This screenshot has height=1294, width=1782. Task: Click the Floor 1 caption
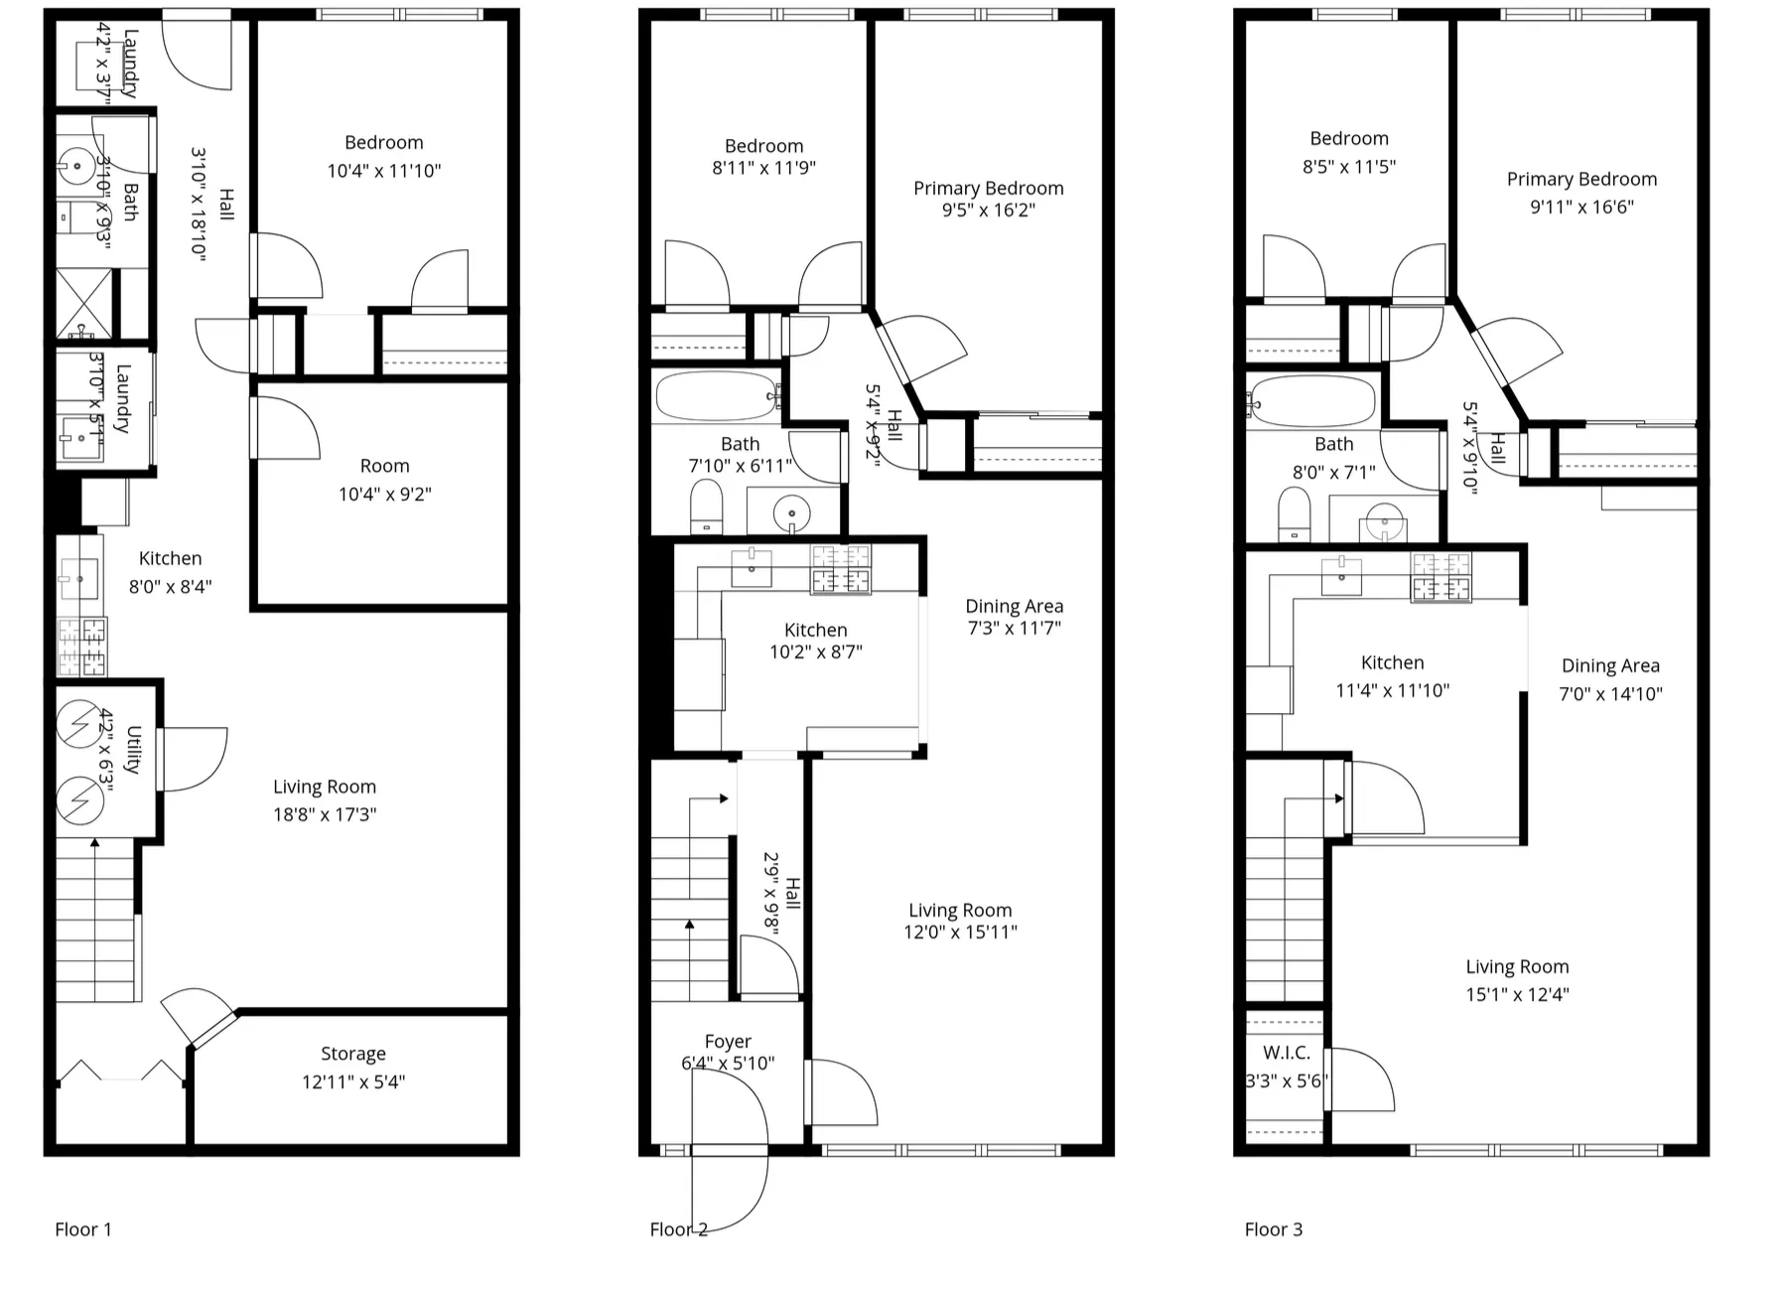(83, 1229)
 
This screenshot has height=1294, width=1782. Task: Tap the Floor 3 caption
(1273, 1229)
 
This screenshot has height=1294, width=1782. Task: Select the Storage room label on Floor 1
(352, 1054)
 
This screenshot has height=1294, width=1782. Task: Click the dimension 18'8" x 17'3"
(325, 814)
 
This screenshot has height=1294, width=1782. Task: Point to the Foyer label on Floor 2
(728, 1041)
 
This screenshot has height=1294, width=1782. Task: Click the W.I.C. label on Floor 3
(1287, 1053)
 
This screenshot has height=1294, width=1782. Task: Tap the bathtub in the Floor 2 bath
(716, 396)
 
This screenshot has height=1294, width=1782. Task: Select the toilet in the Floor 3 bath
(1294, 515)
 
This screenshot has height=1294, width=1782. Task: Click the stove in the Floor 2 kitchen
(841, 570)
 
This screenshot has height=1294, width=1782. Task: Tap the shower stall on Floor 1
(83, 304)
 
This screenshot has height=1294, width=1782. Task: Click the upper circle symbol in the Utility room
(78, 724)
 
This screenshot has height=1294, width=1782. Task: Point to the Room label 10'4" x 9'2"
(384, 466)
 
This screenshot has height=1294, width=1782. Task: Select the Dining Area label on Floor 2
(1014, 606)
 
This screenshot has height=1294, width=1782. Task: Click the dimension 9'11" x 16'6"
(1581, 207)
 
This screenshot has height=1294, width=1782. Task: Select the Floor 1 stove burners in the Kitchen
(82, 646)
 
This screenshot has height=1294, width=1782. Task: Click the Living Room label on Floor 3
(1517, 966)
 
